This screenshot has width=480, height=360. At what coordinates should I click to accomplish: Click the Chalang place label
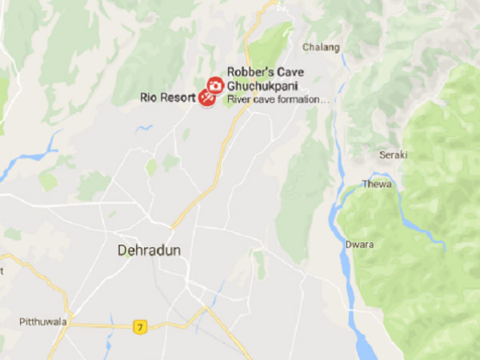point(321,47)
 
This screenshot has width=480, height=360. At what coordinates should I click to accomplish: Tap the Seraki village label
point(394,154)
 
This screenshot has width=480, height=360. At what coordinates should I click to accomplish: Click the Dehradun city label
point(149,250)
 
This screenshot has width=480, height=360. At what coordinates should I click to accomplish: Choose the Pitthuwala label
point(43,322)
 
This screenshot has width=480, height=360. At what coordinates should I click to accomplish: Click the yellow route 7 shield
point(141,326)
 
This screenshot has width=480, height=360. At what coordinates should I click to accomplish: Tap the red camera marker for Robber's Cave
point(214,85)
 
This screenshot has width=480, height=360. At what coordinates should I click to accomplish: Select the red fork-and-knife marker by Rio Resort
point(206,98)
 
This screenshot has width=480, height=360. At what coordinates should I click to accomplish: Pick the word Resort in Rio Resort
point(179,98)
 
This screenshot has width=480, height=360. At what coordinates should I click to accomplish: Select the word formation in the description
point(300,100)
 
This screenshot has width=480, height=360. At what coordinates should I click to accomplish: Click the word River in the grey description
point(238,100)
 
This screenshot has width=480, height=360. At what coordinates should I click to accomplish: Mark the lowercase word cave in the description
point(263,100)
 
